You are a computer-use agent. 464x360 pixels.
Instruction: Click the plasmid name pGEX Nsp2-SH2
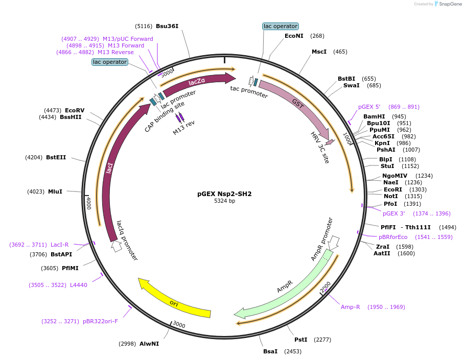tap(224, 194)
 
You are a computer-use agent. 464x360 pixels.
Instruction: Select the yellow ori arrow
tap(174, 301)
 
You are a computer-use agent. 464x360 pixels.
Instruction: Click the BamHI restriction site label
tap(374, 116)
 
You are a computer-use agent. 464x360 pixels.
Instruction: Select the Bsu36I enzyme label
tap(167, 26)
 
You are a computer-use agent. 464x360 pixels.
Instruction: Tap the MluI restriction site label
tap(55, 191)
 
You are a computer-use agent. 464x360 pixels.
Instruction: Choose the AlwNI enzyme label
tap(149, 344)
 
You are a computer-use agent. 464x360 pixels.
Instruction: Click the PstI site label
tap(301, 340)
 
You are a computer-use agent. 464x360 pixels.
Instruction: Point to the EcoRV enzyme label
tap(75, 110)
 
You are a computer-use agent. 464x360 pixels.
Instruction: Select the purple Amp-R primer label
tap(351, 307)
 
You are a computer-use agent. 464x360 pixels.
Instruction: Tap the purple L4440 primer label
tap(78, 285)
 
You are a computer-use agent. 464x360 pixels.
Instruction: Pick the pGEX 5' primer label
tap(369, 107)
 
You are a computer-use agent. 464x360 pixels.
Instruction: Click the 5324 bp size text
tap(224, 201)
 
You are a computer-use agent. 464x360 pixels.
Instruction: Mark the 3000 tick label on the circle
tap(179, 324)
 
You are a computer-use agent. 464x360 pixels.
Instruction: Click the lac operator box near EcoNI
tap(280, 26)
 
